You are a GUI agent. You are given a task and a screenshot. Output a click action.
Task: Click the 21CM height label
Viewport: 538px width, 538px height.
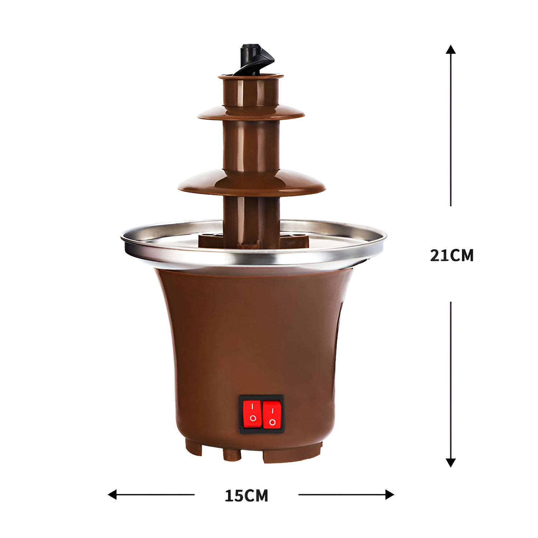pos(452,255)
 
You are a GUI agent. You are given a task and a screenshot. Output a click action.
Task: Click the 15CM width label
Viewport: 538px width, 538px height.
pos(246,496)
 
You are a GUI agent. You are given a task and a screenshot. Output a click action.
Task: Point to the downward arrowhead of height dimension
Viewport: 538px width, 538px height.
pos(450,463)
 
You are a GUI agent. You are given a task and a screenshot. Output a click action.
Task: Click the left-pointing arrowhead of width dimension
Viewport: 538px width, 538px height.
pos(112,495)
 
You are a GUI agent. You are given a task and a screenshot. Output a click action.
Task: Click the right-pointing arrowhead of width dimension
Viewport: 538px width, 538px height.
pos(390,495)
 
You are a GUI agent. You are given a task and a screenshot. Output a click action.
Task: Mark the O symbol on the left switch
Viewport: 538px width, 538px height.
pos(253,418)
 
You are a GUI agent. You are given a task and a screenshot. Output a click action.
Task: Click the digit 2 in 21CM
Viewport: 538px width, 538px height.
pos(435,255)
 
